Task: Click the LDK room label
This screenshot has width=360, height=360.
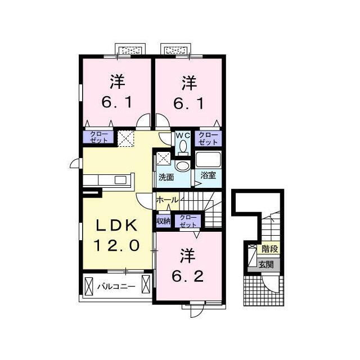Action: tap(116, 225)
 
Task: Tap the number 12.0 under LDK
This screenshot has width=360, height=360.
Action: tap(116, 245)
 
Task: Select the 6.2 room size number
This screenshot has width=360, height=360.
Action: tap(188, 276)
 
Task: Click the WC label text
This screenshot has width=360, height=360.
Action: tap(183, 136)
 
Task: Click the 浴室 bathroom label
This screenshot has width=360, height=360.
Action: tap(208, 175)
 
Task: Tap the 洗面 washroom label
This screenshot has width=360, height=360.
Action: tap(166, 177)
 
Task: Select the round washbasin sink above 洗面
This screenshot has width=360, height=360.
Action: tap(182, 166)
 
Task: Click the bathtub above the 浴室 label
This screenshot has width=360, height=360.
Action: tap(208, 159)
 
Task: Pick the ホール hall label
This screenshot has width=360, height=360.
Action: tap(168, 200)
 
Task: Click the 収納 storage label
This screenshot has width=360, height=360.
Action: tap(164, 221)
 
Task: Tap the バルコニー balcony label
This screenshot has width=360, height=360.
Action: tap(116, 286)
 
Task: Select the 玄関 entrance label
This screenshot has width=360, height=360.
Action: tap(266, 265)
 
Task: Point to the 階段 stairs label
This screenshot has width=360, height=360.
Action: tap(270, 249)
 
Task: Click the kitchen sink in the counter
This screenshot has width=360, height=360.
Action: tap(120, 180)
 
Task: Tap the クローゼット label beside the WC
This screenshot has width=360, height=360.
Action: tap(208, 138)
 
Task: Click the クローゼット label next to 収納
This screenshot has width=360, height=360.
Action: tap(188, 221)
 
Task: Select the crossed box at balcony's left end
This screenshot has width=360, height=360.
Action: tap(89, 286)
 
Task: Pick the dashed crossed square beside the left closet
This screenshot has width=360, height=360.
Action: tap(125, 138)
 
